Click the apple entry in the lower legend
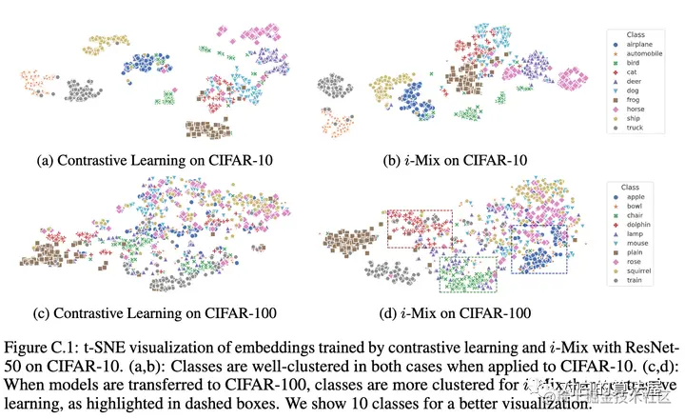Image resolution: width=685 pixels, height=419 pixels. (632, 205)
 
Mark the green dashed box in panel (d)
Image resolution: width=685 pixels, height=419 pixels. (468, 275)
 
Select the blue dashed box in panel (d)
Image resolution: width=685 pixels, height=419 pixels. (538, 250)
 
